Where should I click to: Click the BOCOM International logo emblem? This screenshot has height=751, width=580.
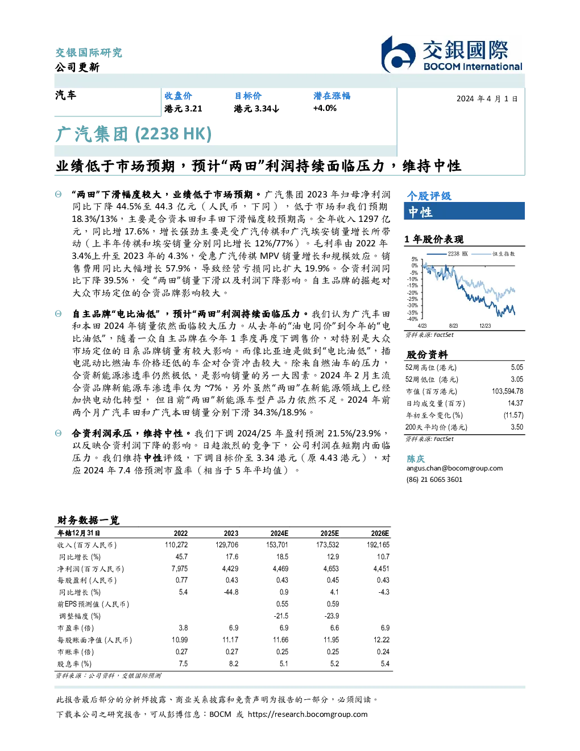tap(398, 54)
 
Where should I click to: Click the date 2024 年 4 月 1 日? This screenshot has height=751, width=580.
tap(487, 99)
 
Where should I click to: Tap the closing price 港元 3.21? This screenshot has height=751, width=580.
tap(183, 109)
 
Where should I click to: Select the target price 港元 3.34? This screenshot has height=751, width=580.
tap(256, 109)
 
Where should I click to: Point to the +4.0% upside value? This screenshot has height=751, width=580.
tap(325, 108)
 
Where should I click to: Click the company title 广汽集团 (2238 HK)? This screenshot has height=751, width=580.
tap(133, 134)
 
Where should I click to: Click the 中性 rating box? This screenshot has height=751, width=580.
tap(464, 211)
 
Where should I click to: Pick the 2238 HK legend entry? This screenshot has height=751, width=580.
tap(448, 254)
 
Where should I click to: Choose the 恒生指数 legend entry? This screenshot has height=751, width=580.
tap(493, 254)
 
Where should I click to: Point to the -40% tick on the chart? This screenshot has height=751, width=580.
tap(412, 319)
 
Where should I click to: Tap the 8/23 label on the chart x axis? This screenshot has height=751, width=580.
tap(453, 326)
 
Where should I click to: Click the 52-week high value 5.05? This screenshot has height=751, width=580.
tap(517, 368)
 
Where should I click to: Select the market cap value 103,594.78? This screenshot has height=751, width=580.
tap(507, 391)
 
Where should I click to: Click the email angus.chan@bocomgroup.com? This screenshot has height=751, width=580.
tap(454, 468)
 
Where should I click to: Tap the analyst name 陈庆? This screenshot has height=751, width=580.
tap(416, 459)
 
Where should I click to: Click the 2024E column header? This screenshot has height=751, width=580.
tap(279, 533)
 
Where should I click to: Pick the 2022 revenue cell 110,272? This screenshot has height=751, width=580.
tap(176, 545)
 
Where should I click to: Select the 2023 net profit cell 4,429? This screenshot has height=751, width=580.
tap(230, 569)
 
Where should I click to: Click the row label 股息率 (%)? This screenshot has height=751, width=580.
tap(74, 664)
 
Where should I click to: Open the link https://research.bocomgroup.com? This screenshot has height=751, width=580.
tap(308, 715)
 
